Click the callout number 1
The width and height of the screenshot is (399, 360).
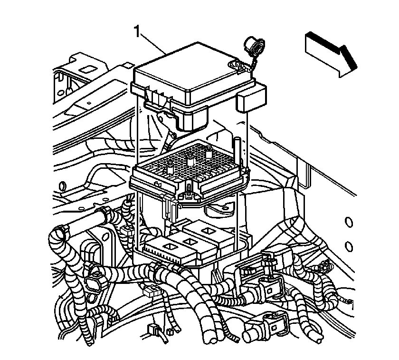pyautogui.click(x=137, y=32)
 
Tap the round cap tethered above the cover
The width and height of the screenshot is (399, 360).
pyautogui.click(x=254, y=45)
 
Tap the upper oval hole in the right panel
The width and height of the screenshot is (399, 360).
pyautogui.click(x=349, y=222)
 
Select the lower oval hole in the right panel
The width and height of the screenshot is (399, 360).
pyautogui.click(x=349, y=246)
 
